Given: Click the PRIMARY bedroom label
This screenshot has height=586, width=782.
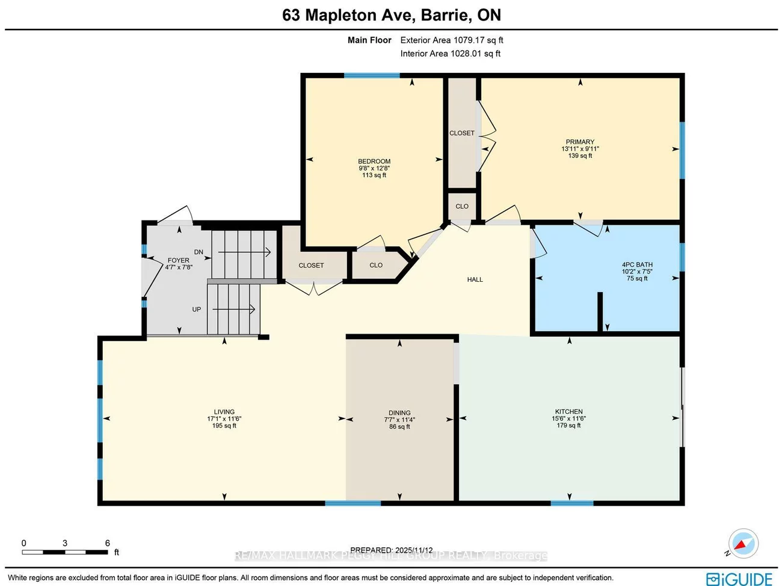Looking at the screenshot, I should tap(580, 142).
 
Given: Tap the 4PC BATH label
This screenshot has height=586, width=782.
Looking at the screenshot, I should tap(637, 265).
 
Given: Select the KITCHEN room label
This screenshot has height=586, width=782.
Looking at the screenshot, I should tap(568, 412).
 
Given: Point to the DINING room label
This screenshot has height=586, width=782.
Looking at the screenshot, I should tap(399, 413).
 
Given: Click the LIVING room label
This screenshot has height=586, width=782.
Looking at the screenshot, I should tap(224, 412).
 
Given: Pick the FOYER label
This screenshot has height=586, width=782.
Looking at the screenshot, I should tap(179, 261).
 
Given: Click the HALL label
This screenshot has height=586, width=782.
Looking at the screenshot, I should tap(475, 279).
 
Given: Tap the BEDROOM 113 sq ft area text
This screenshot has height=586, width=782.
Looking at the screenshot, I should tap(374, 175).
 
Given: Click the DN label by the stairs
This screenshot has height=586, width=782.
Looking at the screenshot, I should tap(199, 252).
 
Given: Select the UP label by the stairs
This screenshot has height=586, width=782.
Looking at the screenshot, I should tap(197, 310).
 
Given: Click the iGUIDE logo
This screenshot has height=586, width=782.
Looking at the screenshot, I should tap(739, 579).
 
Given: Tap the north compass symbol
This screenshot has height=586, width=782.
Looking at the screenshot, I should tap(743, 544).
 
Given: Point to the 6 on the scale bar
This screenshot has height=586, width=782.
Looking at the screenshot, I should tap(108, 543).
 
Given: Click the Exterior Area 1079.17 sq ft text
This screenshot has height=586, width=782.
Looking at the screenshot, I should tap(451, 40).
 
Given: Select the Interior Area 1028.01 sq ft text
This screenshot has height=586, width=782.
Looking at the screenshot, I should tap(450, 54).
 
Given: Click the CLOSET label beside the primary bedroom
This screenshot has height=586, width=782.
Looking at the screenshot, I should tap(462, 133).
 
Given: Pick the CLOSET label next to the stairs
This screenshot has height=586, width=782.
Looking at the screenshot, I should tap(311, 266).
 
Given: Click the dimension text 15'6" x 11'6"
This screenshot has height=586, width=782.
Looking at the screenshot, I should tap(568, 419).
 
